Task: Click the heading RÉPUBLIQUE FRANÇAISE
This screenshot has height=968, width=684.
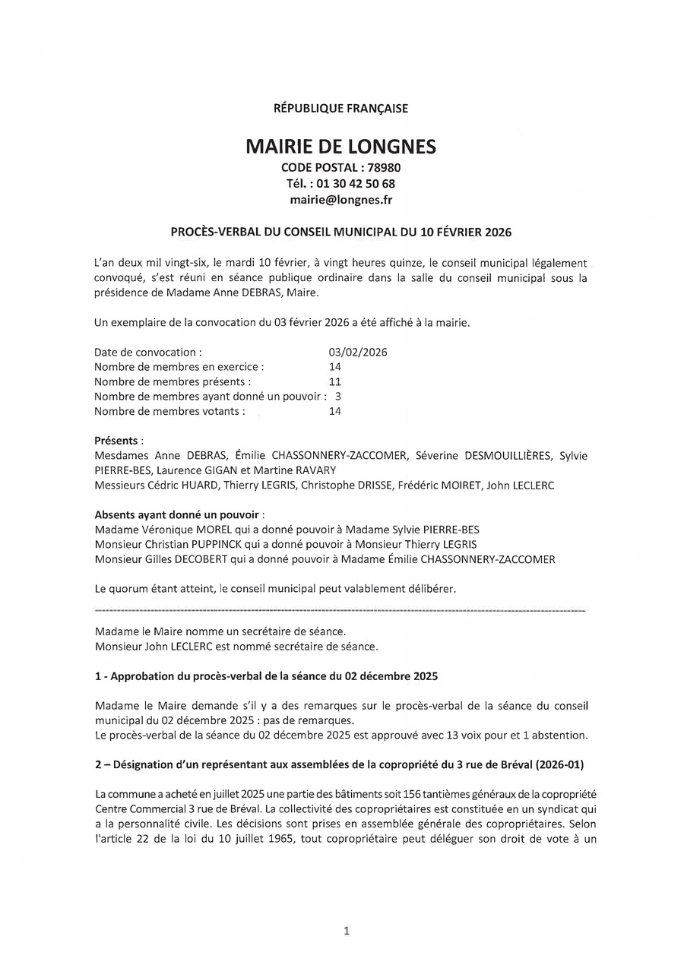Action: (340, 109)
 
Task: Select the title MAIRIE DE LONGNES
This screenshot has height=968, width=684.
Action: (340, 147)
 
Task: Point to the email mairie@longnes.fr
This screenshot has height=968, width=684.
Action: (340, 200)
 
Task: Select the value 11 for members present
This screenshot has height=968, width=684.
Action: (335, 382)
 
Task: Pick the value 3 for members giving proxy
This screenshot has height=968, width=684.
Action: (337, 397)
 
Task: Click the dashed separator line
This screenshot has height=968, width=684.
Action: (340, 610)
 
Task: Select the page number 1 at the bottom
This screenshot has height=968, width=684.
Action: (347, 931)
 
